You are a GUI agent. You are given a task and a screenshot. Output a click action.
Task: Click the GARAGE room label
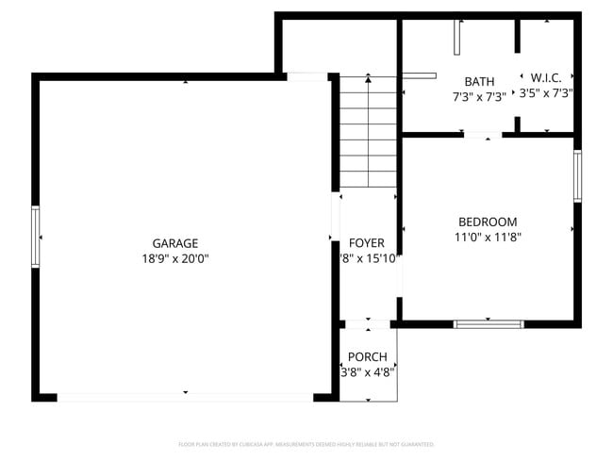click(x=175, y=243)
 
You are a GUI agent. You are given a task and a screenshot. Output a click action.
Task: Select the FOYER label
click(x=367, y=243)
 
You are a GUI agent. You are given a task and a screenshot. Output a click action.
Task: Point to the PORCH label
click(x=367, y=356)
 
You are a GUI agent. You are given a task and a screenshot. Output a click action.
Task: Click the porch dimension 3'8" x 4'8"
click(x=367, y=371)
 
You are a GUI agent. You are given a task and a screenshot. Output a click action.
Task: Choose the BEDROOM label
click(x=488, y=222)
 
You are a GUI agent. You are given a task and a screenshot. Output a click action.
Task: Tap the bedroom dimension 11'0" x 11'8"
click(x=488, y=238)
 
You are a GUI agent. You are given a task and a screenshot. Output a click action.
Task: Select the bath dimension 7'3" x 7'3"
click(x=479, y=95)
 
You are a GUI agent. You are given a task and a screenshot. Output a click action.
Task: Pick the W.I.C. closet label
click(x=546, y=77)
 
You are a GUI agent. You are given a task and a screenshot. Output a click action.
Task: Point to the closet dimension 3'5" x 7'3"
click(x=546, y=92)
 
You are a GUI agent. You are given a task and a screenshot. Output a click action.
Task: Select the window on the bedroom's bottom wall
click(x=489, y=324)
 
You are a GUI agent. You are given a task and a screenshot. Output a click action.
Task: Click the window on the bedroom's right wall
click(x=577, y=175)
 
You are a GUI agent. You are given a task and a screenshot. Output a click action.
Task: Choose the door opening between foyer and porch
click(x=367, y=324)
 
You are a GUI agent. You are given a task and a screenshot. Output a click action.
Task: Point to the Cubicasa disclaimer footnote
click(x=306, y=444)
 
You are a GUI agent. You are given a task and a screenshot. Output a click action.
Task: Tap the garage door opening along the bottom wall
click(x=185, y=397)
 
